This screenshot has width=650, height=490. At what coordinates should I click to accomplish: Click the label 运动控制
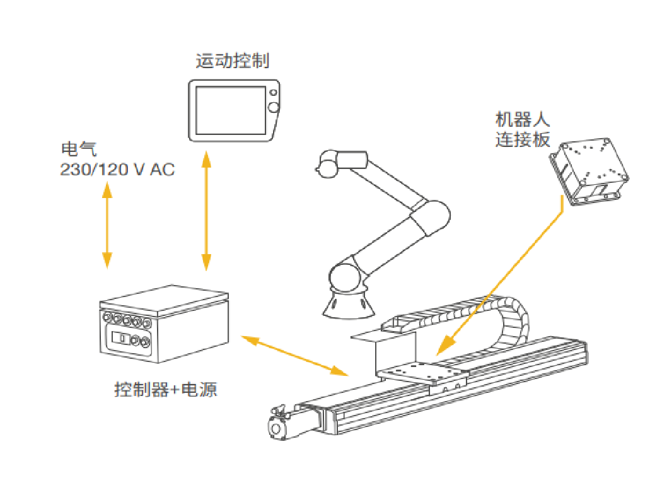(233, 61)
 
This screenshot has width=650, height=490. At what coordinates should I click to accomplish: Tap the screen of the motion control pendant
(231, 110)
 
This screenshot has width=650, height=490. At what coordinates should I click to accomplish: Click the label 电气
(79, 149)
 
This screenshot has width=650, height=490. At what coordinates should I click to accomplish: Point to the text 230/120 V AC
(117, 170)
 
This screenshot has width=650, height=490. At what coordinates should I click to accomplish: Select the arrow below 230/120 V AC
(107, 225)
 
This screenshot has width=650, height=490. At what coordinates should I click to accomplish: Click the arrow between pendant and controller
(206, 211)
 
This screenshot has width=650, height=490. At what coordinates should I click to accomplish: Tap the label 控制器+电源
(166, 389)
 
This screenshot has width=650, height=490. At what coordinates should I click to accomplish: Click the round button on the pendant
(274, 107)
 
